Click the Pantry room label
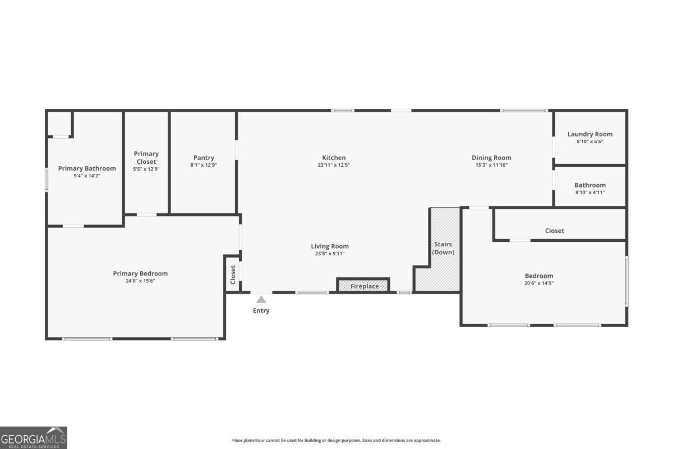pos(204,158)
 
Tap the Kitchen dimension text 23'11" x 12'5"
pos(334,165)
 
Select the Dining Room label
pos(491,158)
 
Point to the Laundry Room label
pos(590,134)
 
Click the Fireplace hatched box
pos(363,286)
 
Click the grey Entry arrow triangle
pos(261,300)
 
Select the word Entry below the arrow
pos(261,310)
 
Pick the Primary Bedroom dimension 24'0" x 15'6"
pos(140,281)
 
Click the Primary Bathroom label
pos(87,168)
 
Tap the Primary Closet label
pos(146,158)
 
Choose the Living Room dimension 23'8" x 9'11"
pos(330,254)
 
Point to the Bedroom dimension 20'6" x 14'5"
pos(539,283)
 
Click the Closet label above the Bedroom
pos(555,231)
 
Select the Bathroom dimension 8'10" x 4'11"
pos(590,193)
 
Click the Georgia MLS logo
pos(34,437)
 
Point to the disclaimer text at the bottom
pos(336,441)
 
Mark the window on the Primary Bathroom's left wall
pos(47,180)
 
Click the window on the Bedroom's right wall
pos(626,281)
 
